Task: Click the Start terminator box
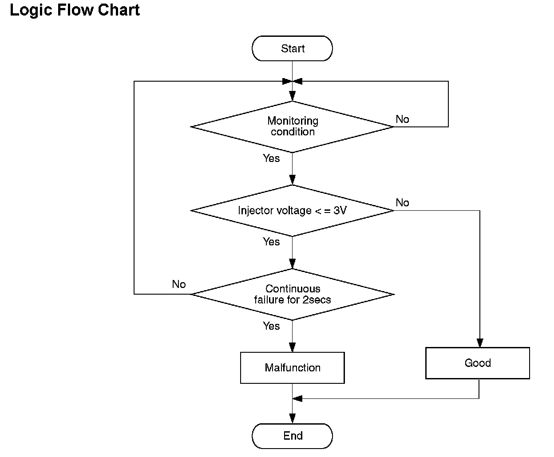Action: point(292,48)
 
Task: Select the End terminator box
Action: point(292,436)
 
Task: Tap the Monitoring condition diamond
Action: point(292,127)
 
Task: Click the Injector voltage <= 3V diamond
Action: point(292,211)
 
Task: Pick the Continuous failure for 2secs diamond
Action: point(292,295)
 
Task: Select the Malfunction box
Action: point(293,368)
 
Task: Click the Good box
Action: point(478,363)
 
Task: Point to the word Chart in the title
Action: point(119,10)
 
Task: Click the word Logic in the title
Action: point(31,11)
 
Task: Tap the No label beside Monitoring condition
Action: point(402,119)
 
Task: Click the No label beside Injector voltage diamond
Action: point(402,203)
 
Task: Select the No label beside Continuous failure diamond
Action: point(179,284)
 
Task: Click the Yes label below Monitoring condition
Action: point(271,158)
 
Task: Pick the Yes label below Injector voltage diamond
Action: point(271,242)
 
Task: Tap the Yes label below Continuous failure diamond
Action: point(271,326)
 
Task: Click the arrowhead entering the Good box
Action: point(480,343)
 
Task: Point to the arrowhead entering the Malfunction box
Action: point(293,347)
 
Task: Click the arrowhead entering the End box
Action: point(293,418)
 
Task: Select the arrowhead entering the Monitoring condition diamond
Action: point(293,96)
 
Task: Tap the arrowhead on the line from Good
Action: point(297,398)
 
